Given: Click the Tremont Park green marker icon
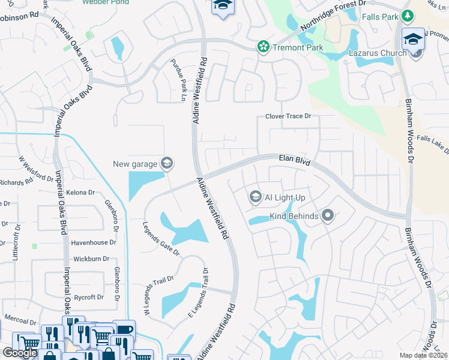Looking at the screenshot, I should [262, 47].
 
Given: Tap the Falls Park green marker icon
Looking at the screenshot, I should [408, 16].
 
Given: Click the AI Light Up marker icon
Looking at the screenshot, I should [255, 197].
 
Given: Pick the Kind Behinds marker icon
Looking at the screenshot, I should [327, 215].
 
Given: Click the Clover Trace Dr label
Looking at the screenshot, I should [289, 116].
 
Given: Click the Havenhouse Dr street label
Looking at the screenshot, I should [93, 242].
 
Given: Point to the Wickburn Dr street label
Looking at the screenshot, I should [91, 259].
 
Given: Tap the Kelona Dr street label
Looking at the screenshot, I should [83, 193].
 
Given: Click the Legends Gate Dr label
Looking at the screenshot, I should [161, 239].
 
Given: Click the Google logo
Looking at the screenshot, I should [20, 353].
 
